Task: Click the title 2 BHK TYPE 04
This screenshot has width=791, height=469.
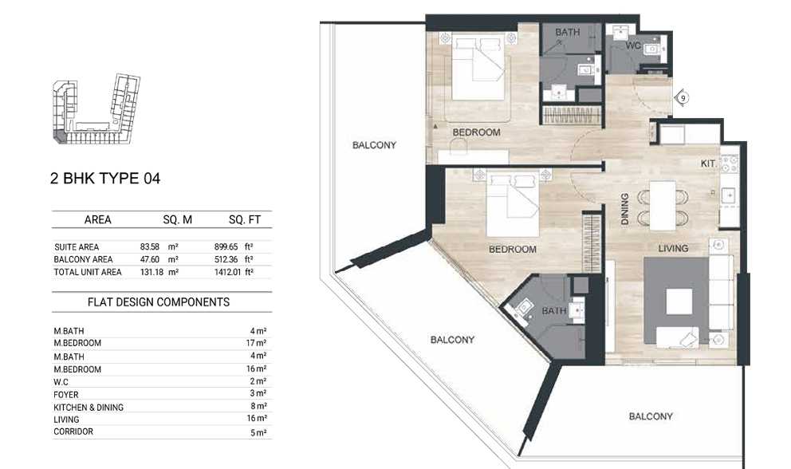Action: pos(105,178)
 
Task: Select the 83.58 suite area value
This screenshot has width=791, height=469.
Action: pos(150,247)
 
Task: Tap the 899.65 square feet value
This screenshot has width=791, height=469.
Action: pos(226,247)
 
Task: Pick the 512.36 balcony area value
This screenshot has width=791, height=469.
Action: pos(226,259)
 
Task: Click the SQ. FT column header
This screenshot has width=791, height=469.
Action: pos(245,219)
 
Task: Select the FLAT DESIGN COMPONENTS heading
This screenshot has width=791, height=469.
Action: pos(159,301)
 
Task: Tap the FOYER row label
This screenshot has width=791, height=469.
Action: pos(66,395)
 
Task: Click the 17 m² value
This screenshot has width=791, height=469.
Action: pos(256,343)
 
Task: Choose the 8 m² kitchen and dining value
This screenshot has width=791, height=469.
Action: pos(258,407)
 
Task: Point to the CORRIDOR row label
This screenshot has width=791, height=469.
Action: pos(73,432)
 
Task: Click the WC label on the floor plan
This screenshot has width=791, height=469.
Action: pos(633,46)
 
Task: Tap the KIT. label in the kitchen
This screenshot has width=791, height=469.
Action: pos(708,164)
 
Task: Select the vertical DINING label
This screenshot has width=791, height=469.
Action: pos(625,208)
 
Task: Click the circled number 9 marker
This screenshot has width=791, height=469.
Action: pos(683,98)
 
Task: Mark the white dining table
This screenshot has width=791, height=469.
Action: pos(663,206)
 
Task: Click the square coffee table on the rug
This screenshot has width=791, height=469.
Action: pos(679,301)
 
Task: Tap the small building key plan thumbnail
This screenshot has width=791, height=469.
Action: pos(96,109)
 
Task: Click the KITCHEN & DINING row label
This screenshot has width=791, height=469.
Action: pos(89,408)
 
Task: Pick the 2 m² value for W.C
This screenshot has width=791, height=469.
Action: pos(258,382)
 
